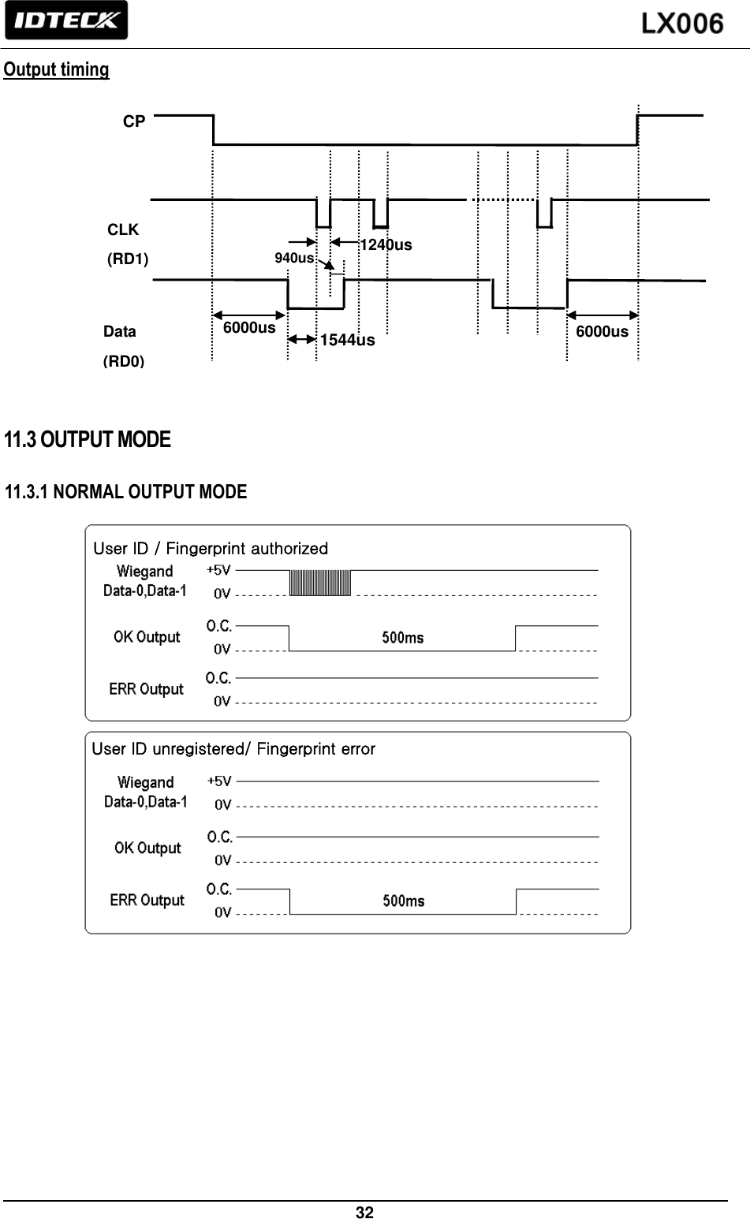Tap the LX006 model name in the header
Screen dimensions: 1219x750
(681, 24)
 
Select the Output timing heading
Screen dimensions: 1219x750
(57, 69)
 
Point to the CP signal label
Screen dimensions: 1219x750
(134, 121)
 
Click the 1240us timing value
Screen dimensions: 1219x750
(386, 245)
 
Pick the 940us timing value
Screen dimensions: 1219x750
(293, 258)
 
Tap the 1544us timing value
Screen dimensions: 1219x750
(347, 341)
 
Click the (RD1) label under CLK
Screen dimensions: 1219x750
(128, 259)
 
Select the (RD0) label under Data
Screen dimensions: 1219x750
(124, 362)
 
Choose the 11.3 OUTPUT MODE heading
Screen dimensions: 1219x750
(88, 439)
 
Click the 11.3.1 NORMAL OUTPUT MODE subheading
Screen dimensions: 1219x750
(126, 493)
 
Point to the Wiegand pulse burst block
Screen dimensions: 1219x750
(320, 583)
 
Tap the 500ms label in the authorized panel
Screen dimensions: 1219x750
(403, 638)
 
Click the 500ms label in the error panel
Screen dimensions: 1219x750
(404, 900)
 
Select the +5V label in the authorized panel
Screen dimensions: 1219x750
(218, 569)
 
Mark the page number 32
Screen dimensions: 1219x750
(364, 1212)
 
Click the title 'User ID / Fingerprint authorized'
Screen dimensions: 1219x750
(211, 548)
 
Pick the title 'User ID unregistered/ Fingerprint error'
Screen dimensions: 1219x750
(233, 748)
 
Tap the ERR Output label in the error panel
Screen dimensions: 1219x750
(147, 900)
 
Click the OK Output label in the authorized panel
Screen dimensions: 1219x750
(147, 637)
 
